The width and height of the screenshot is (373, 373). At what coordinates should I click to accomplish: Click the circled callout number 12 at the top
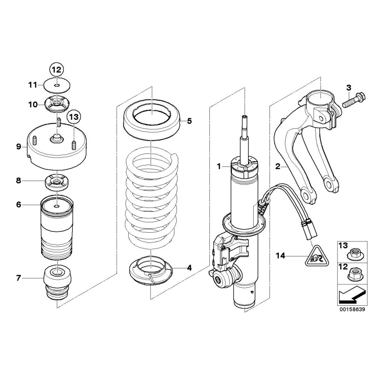[56, 70]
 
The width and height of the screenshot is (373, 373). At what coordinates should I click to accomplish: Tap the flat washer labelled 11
[56, 85]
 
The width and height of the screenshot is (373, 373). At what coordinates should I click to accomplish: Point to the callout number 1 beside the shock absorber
[217, 166]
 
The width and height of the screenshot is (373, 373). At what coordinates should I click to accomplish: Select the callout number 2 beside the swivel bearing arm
[278, 166]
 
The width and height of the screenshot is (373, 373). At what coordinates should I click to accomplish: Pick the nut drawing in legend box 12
[353, 276]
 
